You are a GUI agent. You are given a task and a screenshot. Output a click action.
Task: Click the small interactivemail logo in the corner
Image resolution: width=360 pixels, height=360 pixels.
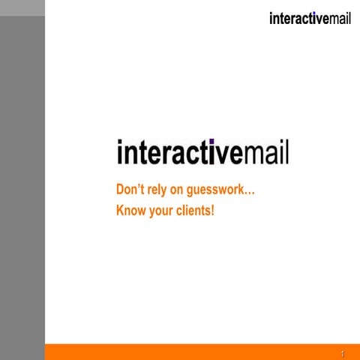(x=310, y=19)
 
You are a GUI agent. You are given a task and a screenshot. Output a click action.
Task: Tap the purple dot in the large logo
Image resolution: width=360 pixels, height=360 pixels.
(x=211, y=141)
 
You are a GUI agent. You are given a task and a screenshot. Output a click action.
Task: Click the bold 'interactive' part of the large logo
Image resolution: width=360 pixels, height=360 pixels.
(x=180, y=151)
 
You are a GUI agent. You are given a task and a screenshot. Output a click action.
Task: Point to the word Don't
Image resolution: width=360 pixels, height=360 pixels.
(x=131, y=190)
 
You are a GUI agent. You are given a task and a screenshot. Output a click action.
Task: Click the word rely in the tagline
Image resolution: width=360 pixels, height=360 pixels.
(x=160, y=190)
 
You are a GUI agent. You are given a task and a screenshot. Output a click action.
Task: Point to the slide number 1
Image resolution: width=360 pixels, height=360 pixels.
(x=342, y=352)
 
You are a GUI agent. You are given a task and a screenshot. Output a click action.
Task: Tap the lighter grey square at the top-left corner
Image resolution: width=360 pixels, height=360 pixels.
(x=22, y=8)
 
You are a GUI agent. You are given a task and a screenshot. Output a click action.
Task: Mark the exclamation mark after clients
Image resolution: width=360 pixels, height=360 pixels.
(x=213, y=210)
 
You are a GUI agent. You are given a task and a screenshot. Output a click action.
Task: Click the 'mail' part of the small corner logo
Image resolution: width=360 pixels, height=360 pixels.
(x=340, y=19)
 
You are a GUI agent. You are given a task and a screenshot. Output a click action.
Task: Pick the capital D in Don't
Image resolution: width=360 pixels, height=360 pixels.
(x=121, y=190)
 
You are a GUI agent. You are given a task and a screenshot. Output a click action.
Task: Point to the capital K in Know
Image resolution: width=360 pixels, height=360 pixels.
(x=121, y=210)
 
